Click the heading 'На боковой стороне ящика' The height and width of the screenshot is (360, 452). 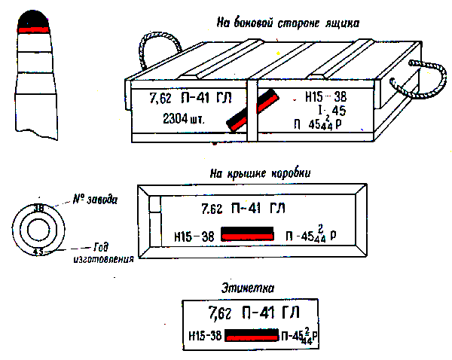click(287, 23)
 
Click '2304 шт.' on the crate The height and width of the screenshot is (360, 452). click(183, 118)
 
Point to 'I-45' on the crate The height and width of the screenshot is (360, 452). click(328, 111)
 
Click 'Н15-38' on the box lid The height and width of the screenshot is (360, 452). click(194, 236)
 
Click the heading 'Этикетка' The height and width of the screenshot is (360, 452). click(248, 287)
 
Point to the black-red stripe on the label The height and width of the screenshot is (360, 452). click(252, 335)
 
